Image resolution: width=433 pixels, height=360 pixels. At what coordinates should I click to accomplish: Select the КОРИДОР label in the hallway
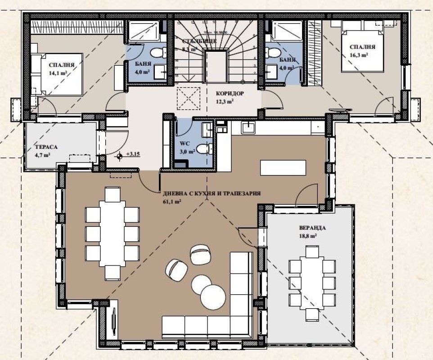pos(230,94)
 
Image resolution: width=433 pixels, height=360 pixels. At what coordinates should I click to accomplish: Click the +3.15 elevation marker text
pos(134,154)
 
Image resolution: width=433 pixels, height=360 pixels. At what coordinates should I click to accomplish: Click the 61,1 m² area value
pos(172,202)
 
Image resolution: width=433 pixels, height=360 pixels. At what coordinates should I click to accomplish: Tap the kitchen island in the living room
pos(283,167)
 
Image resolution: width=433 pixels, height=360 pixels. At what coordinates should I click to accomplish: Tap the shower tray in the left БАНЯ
pos(142,32)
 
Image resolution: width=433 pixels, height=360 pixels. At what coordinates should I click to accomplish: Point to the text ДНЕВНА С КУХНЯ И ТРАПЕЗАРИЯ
pos(212,194)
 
